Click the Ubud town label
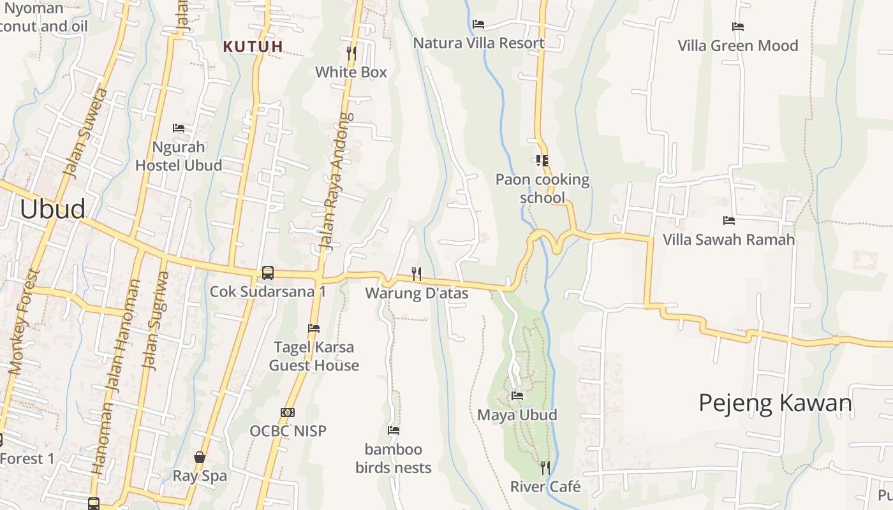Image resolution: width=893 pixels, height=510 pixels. coord(52,209)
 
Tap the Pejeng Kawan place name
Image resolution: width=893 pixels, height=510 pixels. coord(775,403)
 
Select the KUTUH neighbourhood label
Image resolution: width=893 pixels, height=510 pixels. coord(253,46)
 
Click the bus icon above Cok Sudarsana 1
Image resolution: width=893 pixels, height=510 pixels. coord(268,273)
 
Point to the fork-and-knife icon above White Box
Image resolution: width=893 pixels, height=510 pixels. coord(351,52)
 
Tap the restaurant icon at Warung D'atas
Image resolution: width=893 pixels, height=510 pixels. coord(417,274)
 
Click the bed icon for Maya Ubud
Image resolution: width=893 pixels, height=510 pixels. coord(517,396)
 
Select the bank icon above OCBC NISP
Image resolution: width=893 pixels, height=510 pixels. coord(288,412)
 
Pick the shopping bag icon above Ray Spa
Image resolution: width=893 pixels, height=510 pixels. coord(200,457)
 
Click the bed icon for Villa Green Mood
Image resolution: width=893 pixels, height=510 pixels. coord(738,27)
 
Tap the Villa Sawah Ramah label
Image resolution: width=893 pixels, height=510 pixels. coord(728,240)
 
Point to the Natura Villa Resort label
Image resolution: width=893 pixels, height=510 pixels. coord(478,43)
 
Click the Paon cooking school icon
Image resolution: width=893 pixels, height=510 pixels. coord(542,161)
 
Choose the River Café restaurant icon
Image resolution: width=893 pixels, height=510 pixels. coord(545,468)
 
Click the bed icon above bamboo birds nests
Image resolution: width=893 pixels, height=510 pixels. coord(394,430)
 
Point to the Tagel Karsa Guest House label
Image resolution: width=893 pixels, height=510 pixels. coord(314,356)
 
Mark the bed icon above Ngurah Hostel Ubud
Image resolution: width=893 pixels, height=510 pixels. coord(179,128)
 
